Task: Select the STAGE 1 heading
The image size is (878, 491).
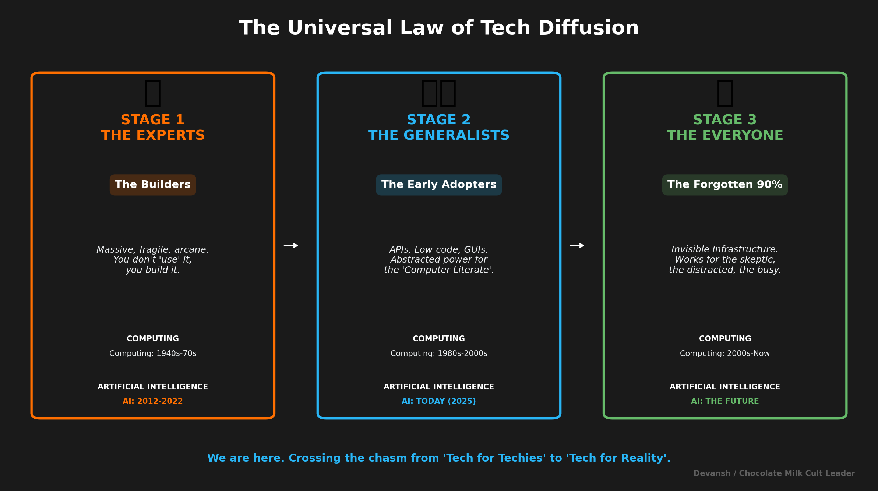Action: click(153, 120)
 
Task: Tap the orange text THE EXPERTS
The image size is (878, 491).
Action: click(153, 135)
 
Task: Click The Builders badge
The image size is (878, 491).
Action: click(153, 185)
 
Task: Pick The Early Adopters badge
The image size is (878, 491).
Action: click(439, 185)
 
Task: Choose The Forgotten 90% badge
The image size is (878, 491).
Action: click(725, 185)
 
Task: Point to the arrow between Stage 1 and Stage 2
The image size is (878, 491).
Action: click(291, 245)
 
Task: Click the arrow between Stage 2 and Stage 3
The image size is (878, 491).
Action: click(577, 245)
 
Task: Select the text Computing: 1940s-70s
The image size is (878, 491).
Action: click(153, 353)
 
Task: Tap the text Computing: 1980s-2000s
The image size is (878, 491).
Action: click(439, 353)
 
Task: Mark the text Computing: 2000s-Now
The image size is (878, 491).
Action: click(725, 353)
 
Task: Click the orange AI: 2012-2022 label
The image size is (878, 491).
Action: click(153, 401)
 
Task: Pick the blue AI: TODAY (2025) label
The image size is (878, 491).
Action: click(439, 401)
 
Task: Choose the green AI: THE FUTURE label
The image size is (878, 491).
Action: click(725, 401)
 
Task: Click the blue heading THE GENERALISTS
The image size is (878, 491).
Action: click(439, 135)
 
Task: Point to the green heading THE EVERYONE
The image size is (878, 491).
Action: click(725, 135)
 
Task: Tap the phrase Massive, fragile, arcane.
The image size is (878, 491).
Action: click(153, 250)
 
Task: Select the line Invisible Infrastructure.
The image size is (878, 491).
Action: click(725, 249)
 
